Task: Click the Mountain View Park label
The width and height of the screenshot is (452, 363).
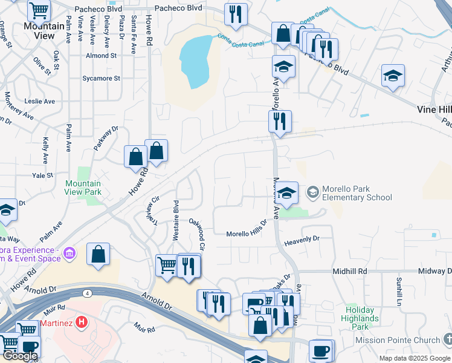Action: (x=83, y=188)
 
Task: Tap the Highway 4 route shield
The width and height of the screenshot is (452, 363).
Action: (x=87, y=293)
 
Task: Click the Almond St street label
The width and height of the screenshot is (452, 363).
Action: (x=101, y=56)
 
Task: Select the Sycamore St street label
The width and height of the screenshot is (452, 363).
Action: (x=101, y=78)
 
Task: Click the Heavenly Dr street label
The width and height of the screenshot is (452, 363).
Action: (x=301, y=240)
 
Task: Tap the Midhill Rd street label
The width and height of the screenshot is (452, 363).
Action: (x=349, y=272)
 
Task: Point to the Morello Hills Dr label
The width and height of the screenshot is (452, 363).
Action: (x=247, y=234)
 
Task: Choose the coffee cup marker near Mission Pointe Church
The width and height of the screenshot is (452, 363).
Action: (x=320, y=350)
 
